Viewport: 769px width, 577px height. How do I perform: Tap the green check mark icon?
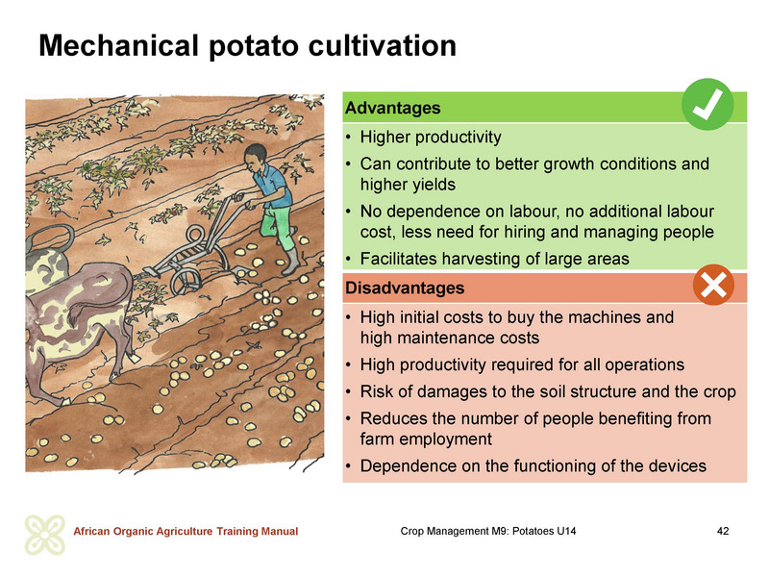click(x=707, y=104)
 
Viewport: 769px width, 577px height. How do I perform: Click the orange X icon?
click(x=713, y=285)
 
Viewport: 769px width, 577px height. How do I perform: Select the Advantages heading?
click(x=393, y=108)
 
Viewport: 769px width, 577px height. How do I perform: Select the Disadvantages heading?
click(x=405, y=288)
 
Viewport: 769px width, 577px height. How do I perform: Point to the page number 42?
click(x=723, y=531)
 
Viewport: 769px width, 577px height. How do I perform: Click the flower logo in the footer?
click(x=44, y=535)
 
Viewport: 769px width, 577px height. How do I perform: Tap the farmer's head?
click(x=256, y=157)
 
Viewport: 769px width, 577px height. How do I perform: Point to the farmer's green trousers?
click(x=277, y=227)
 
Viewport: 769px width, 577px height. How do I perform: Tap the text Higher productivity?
click(x=431, y=138)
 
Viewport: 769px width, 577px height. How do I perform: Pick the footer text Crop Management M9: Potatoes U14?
click(x=488, y=531)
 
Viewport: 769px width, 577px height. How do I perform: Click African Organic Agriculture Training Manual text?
click(x=186, y=532)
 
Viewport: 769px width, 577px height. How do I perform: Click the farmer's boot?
click(x=291, y=262)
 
